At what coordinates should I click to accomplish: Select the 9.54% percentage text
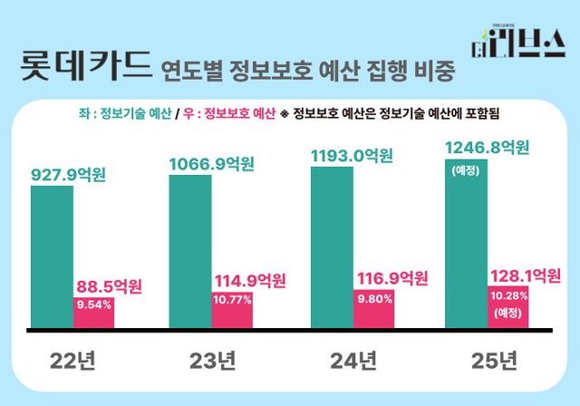click(94, 305)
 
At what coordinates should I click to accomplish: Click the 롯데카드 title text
click(82, 67)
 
